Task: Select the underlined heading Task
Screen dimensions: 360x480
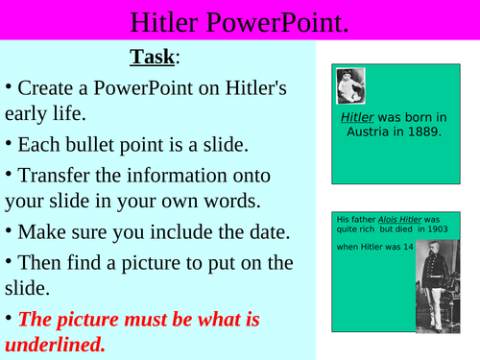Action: tap(153, 57)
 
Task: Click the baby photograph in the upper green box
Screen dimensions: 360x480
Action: tap(349, 85)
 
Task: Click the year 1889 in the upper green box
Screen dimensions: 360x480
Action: tap(421, 132)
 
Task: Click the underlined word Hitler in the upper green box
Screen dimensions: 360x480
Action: tap(356, 118)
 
